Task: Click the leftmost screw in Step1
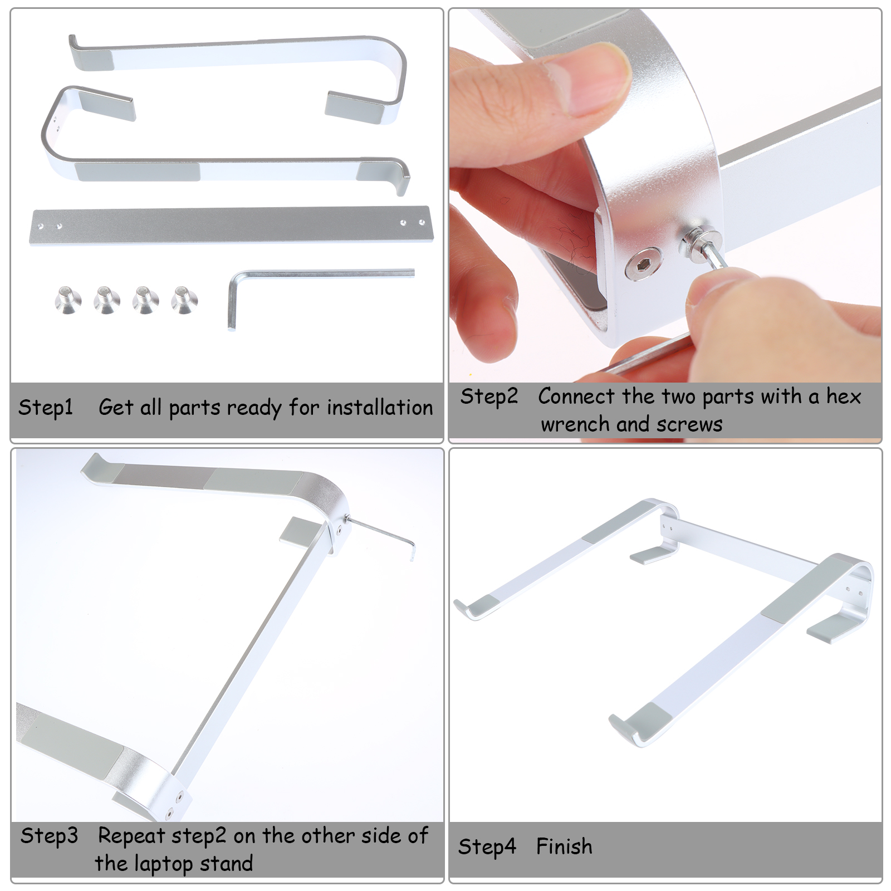tap(68, 301)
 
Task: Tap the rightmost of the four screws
tap(184, 300)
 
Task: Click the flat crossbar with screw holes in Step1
tap(231, 225)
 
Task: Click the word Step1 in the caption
tap(46, 408)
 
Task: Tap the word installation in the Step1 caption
tap(380, 408)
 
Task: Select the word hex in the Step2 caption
tap(844, 396)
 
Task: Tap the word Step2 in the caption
tap(489, 397)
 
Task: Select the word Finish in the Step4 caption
tap(564, 846)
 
